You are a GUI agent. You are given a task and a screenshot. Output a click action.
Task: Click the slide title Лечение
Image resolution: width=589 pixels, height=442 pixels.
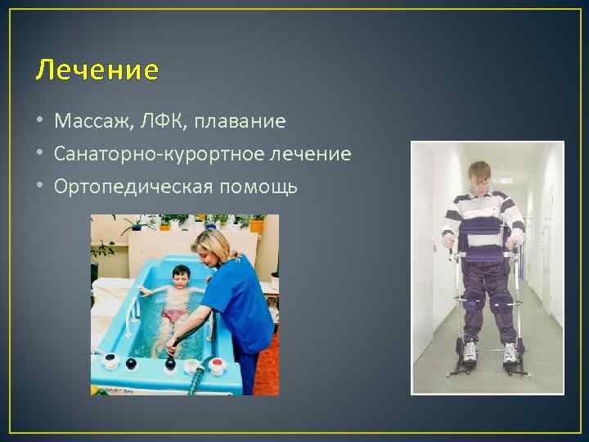click(97, 71)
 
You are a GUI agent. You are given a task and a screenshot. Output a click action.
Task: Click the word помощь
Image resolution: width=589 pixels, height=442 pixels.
click(257, 187)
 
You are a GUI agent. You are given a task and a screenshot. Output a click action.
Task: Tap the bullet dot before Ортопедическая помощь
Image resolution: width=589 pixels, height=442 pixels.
click(41, 187)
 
